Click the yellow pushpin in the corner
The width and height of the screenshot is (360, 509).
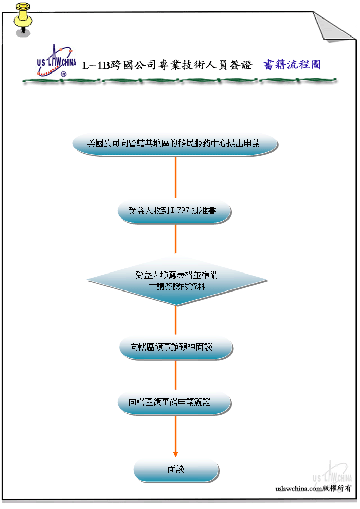[23, 19]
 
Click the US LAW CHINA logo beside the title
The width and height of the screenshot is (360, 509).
[56, 61]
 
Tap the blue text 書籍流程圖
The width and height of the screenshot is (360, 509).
[292, 65]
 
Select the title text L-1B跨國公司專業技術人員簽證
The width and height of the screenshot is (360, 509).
[167, 65]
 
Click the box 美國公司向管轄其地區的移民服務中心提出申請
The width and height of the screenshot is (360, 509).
[175, 144]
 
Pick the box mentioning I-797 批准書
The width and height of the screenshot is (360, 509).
[174, 211]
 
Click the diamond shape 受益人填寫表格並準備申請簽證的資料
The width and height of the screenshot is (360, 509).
[177, 281]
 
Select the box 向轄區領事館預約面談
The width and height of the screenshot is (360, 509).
[176, 348]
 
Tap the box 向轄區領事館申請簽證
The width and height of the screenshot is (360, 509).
[174, 403]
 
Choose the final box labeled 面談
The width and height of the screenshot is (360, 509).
[176, 470]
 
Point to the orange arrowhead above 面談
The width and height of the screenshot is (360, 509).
[175, 454]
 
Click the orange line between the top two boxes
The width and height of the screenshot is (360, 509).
[175, 177]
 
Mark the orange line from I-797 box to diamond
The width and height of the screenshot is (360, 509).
[175, 239]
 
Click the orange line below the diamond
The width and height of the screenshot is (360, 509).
[175, 320]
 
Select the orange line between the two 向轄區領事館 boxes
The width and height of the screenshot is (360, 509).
[175, 375]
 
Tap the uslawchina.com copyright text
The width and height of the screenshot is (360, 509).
[313, 488]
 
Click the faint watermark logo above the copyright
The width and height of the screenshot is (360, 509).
[332, 472]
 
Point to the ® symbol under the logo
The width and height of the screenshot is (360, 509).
[64, 75]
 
